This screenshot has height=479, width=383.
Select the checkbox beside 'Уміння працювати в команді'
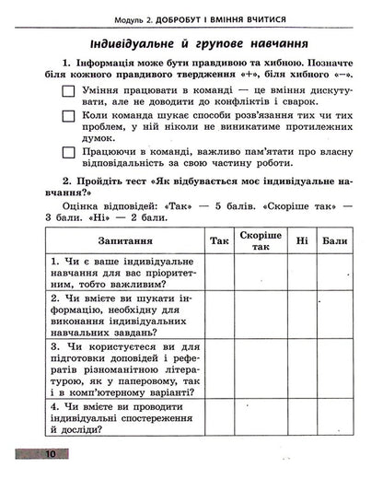pyautogui.click(x=68, y=90)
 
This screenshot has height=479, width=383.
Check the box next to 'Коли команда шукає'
pyautogui.click(x=68, y=117)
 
